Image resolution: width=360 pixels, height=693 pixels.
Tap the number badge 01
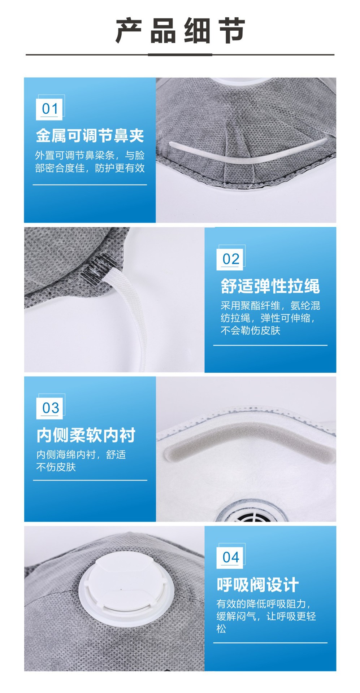coord(50,108)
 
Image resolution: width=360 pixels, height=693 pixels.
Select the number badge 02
coord(231,259)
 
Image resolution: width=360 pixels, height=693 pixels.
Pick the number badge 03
coord(50,408)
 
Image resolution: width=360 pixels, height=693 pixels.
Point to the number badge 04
coord(231,557)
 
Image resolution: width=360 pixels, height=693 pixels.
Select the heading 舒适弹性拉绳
coord(270,286)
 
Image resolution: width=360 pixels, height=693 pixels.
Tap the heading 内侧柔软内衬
coord(86,435)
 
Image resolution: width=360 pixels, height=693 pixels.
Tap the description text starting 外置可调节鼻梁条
coord(90,161)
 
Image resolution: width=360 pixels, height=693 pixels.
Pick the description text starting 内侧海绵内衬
coord(81,461)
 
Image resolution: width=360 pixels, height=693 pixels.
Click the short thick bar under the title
coord(180,55)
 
